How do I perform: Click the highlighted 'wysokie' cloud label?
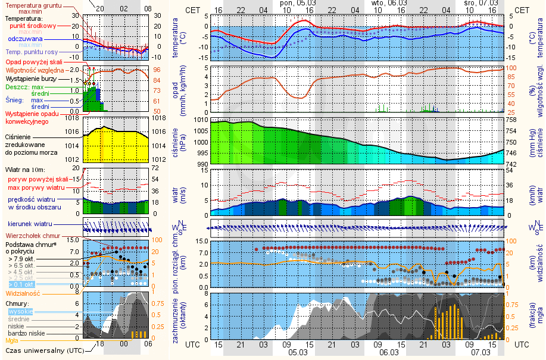click(21, 311)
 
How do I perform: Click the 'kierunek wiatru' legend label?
click(30, 224)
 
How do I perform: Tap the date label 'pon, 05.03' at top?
click(296, 4)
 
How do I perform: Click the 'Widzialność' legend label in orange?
click(22, 293)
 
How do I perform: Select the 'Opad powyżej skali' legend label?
click(33, 62)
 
